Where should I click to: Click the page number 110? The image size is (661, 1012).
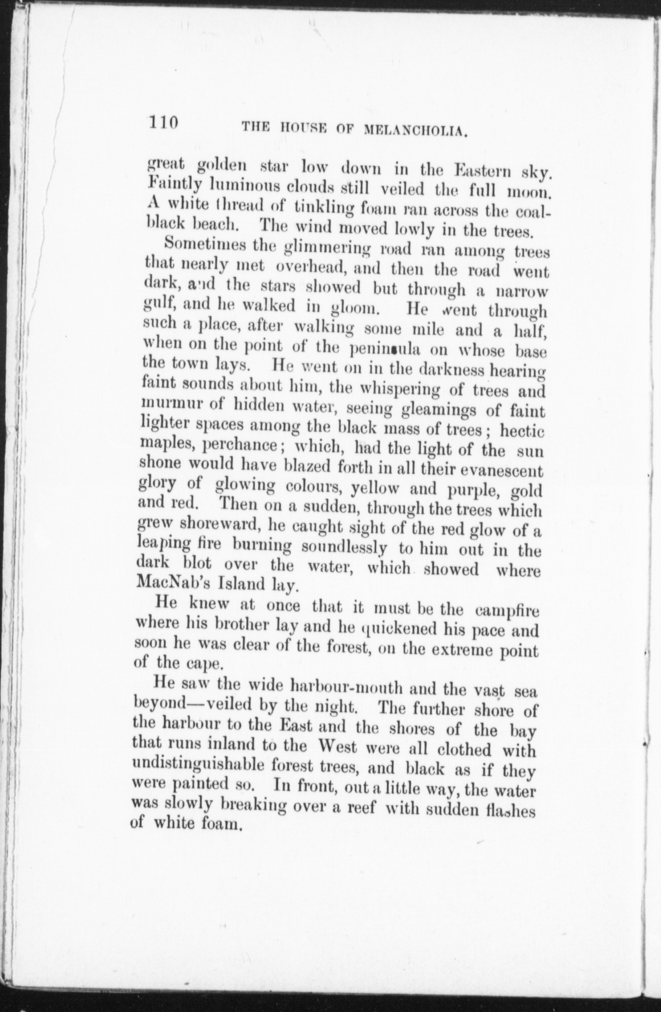163,123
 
